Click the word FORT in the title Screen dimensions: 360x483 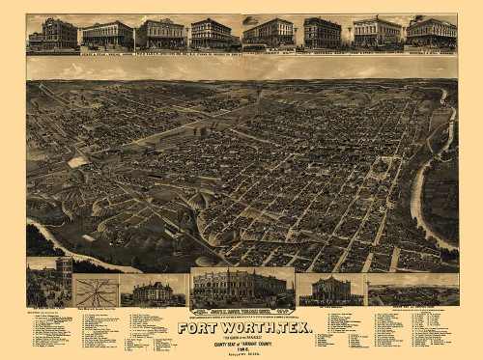click(x=198, y=327)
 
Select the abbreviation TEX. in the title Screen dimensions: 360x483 click(x=292, y=327)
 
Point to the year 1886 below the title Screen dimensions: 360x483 click(x=243, y=345)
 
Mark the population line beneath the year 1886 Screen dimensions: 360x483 click(x=243, y=350)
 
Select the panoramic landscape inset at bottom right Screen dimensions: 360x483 click(x=413, y=293)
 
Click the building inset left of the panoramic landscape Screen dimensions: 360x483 click(x=329, y=290)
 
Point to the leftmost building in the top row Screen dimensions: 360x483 click(x=54, y=34)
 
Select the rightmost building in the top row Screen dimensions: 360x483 click(x=431, y=33)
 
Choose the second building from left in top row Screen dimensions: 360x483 click(x=107, y=35)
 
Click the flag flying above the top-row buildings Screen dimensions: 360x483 click(x=251, y=19)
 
